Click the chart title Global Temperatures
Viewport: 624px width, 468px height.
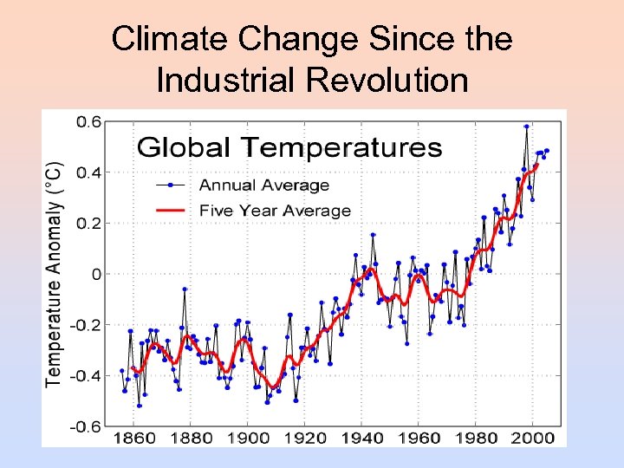[x=289, y=146]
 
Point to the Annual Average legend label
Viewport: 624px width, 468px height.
[x=264, y=185]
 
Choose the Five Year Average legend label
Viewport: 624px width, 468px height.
[x=275, y=211]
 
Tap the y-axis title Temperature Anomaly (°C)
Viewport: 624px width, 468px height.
[x=54, y=272]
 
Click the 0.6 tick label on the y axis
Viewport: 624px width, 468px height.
[x=89, y=121]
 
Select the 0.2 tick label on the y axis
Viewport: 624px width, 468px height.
[x=89, y=223]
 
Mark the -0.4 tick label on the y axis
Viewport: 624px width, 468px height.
[x=87, y=376]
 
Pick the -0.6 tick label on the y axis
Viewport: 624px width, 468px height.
[x=87, y=426]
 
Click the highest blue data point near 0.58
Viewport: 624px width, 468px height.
[x=526, y=127]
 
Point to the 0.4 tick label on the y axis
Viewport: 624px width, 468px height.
[x=89, y=172]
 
